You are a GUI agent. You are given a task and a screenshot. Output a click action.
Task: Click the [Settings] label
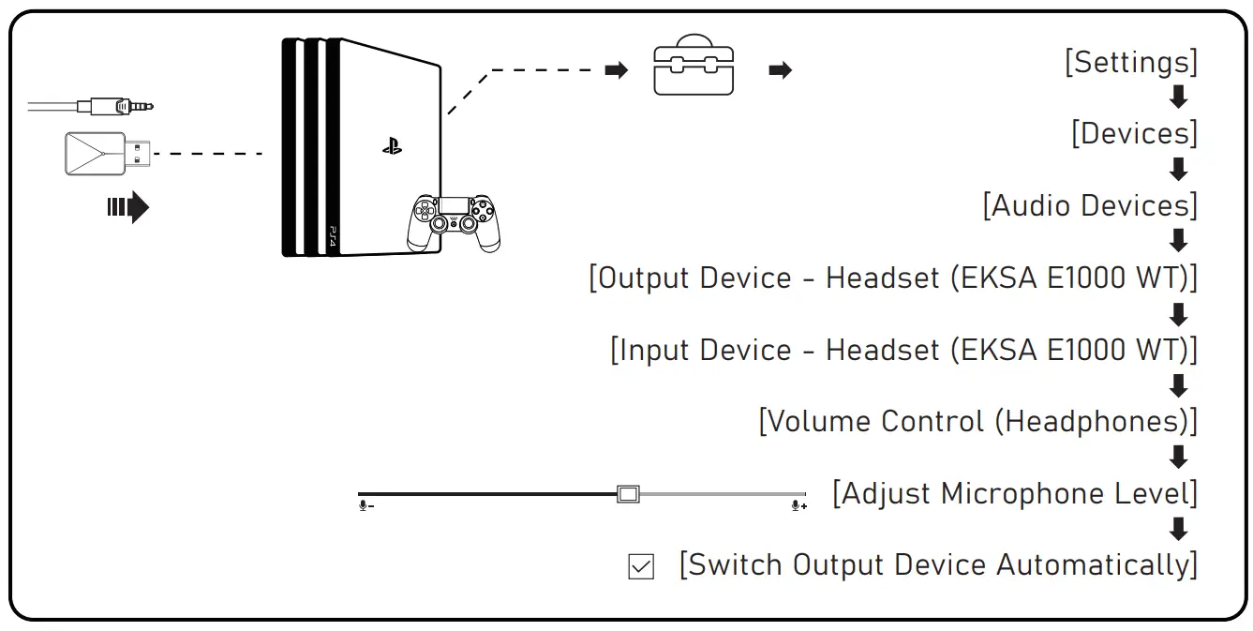pyautogui.click(x=1131, y=62)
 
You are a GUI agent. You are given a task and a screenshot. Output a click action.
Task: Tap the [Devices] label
pyautogui.click(x=1134, y=134)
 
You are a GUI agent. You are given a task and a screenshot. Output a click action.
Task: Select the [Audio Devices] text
pyautogui.click(x=1090, y=205)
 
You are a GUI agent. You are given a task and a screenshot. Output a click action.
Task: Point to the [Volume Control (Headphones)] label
pyautogui.click(x=977, y=422)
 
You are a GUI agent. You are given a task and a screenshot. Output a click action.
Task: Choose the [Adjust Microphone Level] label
pyautogui.click(x=1015, y=493)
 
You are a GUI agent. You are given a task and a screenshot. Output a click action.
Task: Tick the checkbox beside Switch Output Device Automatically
pyautogui.click(x=641, y=566)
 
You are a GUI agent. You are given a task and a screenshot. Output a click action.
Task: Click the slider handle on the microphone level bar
pyautogui.click(x=628, y=494)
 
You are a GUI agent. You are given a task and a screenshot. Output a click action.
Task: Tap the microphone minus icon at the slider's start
pyautogui.click(x=365, y=506)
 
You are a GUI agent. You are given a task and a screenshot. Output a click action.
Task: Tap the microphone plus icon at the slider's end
pyautogui.click(x=798, y=506)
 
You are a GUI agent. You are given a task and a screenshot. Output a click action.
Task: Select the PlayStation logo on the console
pyautogui.click(x=392, y=145)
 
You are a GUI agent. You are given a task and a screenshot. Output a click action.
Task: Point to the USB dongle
pyautogui.click(x=105, y=153)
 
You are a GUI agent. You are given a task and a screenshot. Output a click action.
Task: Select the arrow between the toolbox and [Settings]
pyautogui.click(x=780, y=70)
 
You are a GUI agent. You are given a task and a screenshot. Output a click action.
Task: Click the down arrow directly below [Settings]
pyautogui.click(x=1179, y=98)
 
